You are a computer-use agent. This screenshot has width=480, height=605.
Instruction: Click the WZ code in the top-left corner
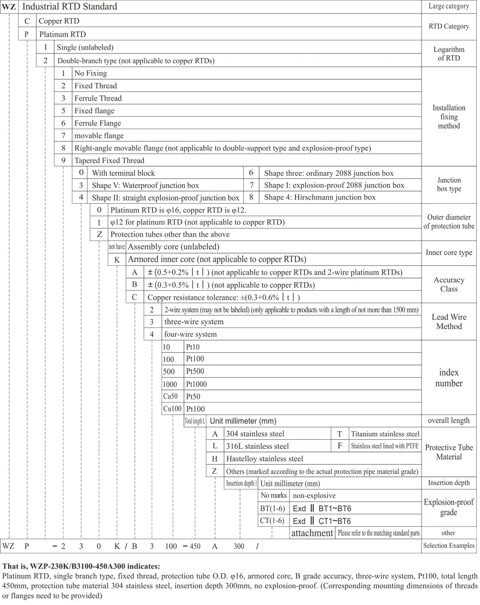9,7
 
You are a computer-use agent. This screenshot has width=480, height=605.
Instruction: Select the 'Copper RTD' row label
59,21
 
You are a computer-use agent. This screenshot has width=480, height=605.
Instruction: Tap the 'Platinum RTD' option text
62,34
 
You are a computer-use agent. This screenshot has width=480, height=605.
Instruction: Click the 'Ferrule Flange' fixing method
98,123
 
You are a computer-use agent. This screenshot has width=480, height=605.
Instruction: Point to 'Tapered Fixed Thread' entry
109,161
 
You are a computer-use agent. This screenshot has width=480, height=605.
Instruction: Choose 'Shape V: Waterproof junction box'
145,185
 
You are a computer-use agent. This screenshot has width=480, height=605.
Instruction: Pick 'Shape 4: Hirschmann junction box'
320,197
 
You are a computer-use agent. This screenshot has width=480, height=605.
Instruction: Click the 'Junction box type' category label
449,184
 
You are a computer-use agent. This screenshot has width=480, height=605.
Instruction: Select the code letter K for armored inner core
117,260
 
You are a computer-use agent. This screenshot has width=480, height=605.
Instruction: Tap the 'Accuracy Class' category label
449,284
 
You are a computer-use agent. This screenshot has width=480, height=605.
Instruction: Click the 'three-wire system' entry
194,322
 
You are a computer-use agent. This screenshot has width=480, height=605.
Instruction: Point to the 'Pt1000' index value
197,384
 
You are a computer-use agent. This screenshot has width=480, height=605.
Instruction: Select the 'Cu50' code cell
171,397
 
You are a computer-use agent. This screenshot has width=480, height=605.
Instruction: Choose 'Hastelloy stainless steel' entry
264,459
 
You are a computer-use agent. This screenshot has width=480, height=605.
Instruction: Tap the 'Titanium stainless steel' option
385,434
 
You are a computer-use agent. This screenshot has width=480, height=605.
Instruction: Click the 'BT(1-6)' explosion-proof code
272,509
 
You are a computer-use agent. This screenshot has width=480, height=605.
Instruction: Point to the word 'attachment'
312,533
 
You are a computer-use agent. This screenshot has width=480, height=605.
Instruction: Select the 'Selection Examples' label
449,546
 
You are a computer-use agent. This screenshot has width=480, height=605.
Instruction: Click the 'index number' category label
449,378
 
